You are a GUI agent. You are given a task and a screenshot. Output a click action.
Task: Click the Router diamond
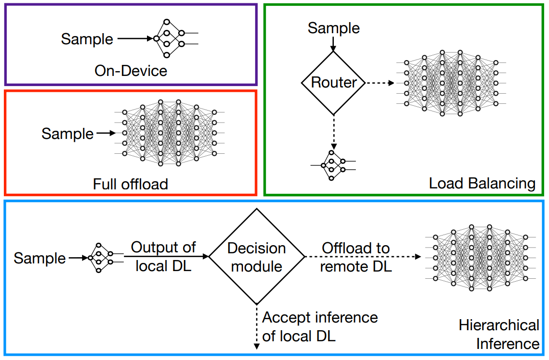click(x=333, y=83)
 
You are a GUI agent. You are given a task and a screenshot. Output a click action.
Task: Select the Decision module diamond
click(x=256, y=257)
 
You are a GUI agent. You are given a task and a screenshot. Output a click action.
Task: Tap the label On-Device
click(x=131, y=71)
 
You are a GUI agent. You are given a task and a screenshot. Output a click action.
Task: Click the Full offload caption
click(x=130, y=184)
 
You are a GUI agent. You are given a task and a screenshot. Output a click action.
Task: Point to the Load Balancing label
click(x=482, y=183)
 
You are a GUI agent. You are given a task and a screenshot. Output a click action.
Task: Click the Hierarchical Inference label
click(x=499, y=335)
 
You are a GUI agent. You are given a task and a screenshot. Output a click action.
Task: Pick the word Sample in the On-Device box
click(x=87, y=38)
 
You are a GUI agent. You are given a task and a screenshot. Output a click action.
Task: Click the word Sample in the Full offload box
click(x=67, y=133)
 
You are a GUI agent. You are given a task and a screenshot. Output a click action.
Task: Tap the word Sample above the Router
click(x=333, y=28)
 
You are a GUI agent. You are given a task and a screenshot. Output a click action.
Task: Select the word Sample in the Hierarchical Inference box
click(x=39, y=258)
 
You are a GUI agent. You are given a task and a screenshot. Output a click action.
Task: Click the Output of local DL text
click(x=163, y=257)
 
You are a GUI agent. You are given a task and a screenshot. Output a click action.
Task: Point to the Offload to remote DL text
click(x=355, y=257)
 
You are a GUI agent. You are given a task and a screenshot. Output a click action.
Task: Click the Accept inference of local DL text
click(x=320, y=327)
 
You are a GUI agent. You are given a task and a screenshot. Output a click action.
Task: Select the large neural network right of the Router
click(x=451, y=83)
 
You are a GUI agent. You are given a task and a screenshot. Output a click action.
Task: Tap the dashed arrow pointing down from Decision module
click(x=256, y=327)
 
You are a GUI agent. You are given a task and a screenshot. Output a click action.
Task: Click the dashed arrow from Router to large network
click(x=381, y=83)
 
